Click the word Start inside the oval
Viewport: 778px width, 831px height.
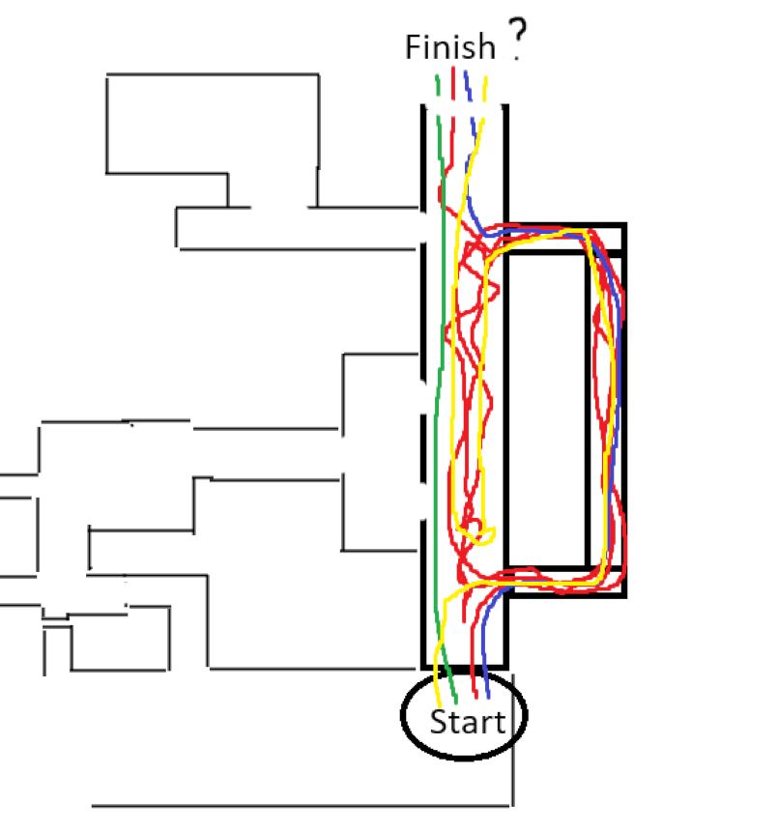[x=468, y=722]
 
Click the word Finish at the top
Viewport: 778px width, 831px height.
[x=449, y=47]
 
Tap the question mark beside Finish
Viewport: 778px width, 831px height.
[x=518, y=43]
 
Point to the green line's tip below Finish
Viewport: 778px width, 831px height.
[x=438, y=79]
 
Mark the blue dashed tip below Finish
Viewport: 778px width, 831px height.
[x=467, y=77]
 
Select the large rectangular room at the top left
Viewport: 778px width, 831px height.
[x=212, y=124]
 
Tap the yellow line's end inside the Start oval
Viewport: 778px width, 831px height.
[x=442, y=702]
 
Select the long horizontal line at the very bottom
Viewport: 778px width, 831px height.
[x=300, y=805]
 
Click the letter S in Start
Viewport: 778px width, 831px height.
[x=438, y=722]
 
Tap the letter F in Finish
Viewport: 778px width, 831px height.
[x=413, y=47]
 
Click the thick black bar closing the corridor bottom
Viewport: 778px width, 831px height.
[x=464, y=667]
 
